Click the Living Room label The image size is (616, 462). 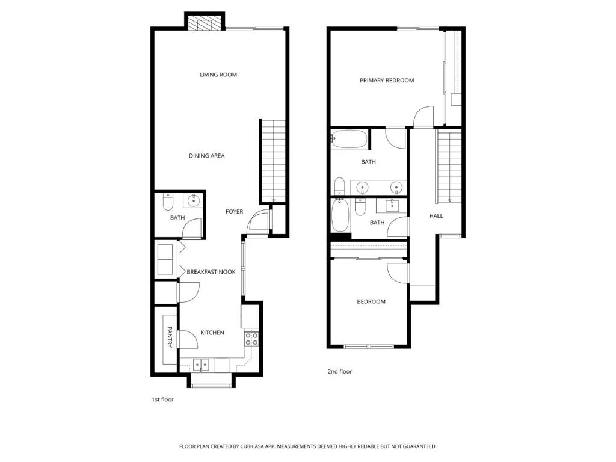(x=218, y=75)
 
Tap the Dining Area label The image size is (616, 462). (x=207, y=156)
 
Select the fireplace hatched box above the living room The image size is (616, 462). (x=200, y=23)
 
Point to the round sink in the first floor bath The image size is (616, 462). (x=194, y=201)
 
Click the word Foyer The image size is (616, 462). (x=235, y=211)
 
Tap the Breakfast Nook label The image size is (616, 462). (x=211, y=271)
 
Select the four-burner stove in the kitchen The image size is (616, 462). (x=251, y=339)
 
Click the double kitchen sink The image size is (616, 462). (x=201, y=365)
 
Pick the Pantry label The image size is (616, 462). (x=170, y=337)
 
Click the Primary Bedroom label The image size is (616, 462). (x=387, y=80)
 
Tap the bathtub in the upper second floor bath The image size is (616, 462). (x=349, y=139)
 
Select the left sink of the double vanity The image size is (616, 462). (x=362, y=188)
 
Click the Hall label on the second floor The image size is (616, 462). (x=436, y=216)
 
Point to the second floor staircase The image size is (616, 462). (x=449, y=167)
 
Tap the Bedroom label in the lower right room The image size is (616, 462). (x=371, y=301)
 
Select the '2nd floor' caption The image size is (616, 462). (x=340, y=371)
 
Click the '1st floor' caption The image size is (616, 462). (x=162, y=399)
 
